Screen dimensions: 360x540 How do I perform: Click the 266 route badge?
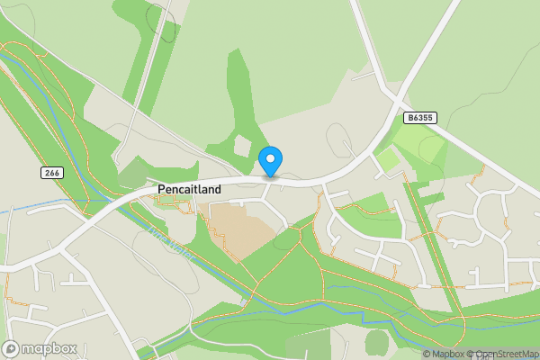pos(50,172)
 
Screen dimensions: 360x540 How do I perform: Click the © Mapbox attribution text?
pos(444,355)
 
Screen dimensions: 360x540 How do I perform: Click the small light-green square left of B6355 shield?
pos(387,160)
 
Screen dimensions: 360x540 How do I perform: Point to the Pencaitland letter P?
pos(161,190)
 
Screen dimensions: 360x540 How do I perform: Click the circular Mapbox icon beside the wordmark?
pos(12,348)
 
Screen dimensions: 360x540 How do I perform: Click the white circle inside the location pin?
pos(270,158)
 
